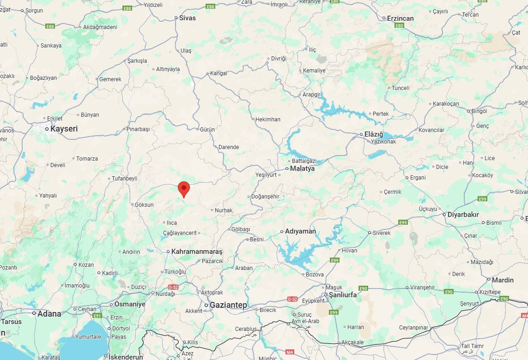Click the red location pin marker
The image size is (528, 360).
(x=184, y=189)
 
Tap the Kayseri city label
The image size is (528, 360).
(x=64, y=129)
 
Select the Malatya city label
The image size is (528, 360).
(x=302, y=168)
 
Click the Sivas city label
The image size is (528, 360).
(x=187, y=18)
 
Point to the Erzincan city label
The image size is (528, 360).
(x=401, y=18)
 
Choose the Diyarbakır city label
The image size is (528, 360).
(x=463, y=215)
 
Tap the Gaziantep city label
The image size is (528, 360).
(x=228, y=305)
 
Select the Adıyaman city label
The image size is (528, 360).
(x=300, y=231)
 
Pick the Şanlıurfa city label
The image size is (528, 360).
(x=342, y=294)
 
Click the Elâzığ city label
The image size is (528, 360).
(x=374, y=134)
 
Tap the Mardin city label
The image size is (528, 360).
(x=503, y=280)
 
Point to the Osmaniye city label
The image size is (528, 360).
(x=129, y=304)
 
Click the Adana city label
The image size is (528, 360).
(x=49, y=313)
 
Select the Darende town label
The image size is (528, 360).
(x=229, y=147)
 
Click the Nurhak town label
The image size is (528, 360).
(x=224, y=210)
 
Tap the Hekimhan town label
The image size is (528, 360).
(x=268, y=120)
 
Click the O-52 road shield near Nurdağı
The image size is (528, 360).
(x=173, y=287)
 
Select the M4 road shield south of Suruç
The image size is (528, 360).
(x=290, y=352)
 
